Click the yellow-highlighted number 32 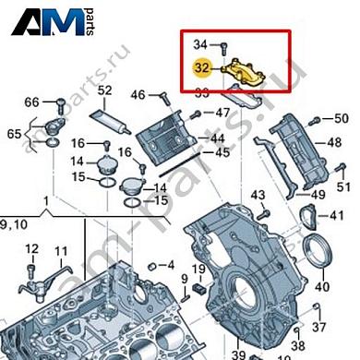(x=202, y=66)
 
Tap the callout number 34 (x=200, y=44)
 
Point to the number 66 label (x=31, y=102)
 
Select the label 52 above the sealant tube (x=104, y=90)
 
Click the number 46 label (x=138, y=94)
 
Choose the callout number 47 (x=222, y=113)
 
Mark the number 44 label (x=218, y=138)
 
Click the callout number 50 (x=341, y=118)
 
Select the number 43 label (x=258, y=194)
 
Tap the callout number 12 (x=30, y=249)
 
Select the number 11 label (x=61, y=251)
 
